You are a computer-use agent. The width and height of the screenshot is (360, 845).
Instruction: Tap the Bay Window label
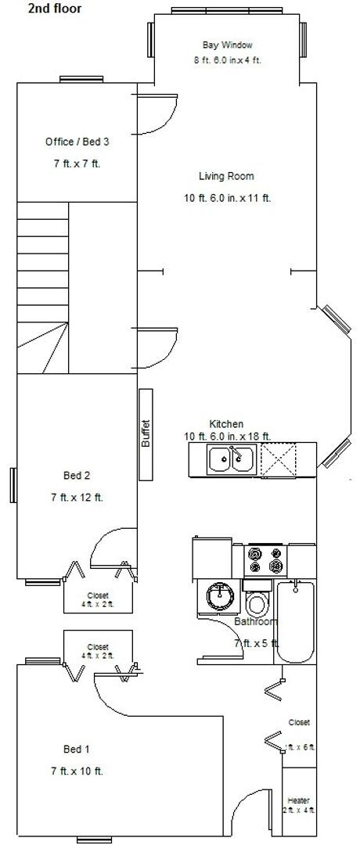coord(227,45)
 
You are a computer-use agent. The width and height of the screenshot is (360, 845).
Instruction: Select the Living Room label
coord(226,176)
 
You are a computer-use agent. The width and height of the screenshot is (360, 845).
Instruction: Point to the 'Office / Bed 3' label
coord(77,142)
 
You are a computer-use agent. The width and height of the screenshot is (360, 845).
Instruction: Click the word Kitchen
coord(226,424)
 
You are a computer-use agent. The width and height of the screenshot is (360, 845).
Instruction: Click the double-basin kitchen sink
coord(231,458)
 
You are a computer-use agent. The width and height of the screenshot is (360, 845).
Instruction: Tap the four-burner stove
coord(265,559)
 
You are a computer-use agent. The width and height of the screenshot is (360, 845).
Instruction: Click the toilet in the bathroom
coord(257,601)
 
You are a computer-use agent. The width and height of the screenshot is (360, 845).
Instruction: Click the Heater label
coord(298,800)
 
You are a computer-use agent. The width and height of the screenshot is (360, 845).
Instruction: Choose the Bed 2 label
coord(77,475)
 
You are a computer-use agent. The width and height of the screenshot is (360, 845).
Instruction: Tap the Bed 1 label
coord(77,748)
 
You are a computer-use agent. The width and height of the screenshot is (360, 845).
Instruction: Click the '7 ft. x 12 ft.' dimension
coord(77,497)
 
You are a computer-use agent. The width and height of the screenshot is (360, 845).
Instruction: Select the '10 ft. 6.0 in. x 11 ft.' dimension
coord(227,198)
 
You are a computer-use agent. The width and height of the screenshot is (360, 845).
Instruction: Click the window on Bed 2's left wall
coord(13,487)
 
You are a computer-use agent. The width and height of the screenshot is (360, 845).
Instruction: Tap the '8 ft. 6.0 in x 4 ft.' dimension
coord(227,60)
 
